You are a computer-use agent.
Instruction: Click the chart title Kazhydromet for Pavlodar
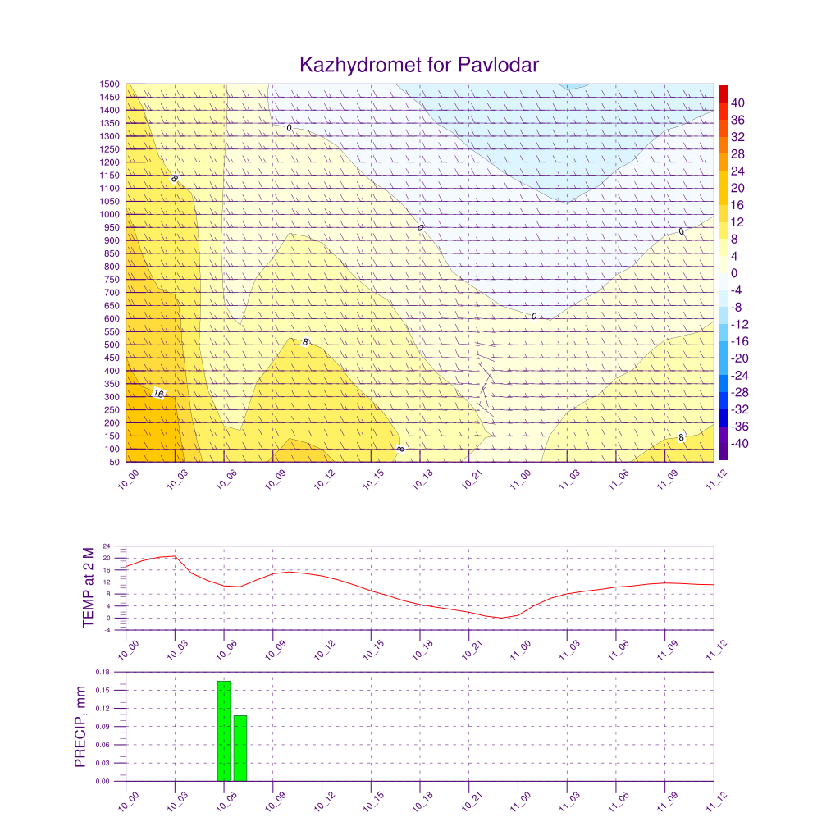click(x=419, y=65)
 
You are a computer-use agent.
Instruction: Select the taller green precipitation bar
click(x=224, y=731)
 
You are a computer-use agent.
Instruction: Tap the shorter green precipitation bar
click(x=240, y=748)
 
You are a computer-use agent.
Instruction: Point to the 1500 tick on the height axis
click(x=109, y=84)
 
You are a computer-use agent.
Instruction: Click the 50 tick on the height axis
click(x=114, y=462)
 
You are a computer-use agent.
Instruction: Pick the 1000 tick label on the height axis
click(x=109, y=214)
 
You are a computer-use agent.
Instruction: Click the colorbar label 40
click(x=737, y=103)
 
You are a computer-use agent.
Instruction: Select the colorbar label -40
click(x=740, y=444)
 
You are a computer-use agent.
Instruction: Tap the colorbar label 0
click(x=734, y=273)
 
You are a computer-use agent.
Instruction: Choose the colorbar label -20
click(x=740, y=358)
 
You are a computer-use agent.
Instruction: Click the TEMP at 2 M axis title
click(x=89, y=587)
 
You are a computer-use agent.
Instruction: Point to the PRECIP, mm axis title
click(x=80, y=727)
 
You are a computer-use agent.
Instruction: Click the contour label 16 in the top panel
click(x=159, y=393)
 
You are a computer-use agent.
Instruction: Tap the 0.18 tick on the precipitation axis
click(x=103, y=672)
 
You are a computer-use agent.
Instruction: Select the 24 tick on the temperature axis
click(x=107, y=546)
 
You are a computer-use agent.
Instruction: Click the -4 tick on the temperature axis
click(x=107, y=630)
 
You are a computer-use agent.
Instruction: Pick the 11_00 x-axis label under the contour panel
click(x=519, y=479)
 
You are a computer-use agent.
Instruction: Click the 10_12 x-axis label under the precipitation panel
click(x=324, y=801)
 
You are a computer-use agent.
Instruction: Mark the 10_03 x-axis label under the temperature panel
click(x=177, y=650)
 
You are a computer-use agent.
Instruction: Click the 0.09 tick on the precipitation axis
click(x=103, y=727)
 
